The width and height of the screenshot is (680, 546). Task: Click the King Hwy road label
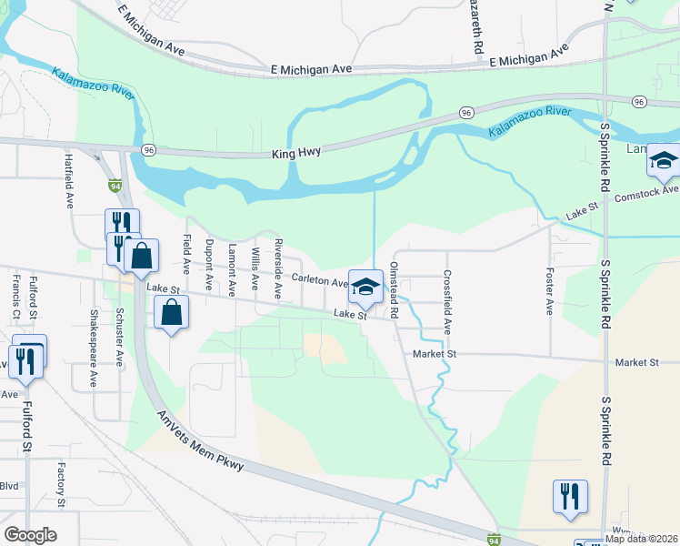click(296, 154)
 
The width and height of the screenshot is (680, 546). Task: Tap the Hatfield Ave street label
click(69, 180)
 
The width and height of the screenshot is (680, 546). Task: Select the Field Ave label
click(186, 256)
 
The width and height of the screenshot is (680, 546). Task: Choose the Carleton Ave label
click(320, 281)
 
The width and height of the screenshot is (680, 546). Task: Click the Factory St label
click(61, 484)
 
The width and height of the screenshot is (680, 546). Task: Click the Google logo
click(31, 535)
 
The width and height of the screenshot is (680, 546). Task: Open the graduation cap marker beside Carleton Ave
click(365, 286)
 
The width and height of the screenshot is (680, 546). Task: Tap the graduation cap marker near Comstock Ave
click(664, 161)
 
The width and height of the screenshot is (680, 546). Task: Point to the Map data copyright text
click(642, 539)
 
